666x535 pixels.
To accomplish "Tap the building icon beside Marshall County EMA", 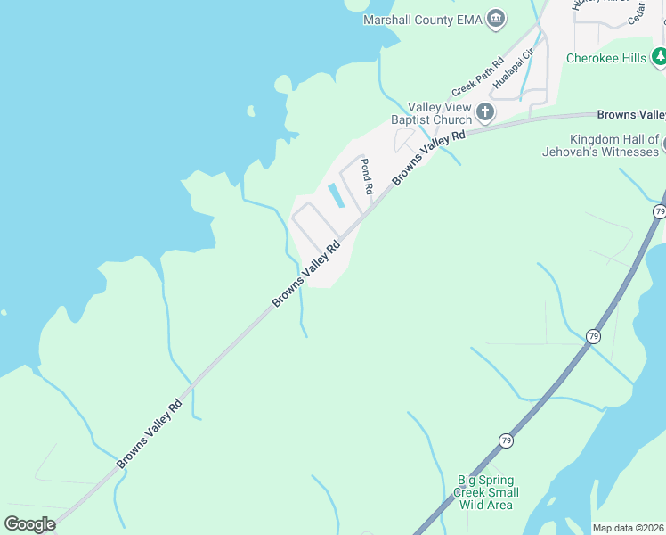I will (497, 19).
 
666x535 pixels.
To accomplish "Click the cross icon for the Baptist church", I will (485, 111).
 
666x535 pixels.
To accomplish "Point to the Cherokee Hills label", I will (606, 58).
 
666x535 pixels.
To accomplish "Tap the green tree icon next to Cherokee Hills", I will (659, 58).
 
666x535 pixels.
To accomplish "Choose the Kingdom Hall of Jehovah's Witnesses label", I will (602, 145).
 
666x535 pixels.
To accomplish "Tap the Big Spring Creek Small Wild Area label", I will (486, 492).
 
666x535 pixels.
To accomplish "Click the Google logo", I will (30, 523).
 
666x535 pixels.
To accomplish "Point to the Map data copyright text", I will (629, 528).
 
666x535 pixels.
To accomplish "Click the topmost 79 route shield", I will (659, 211).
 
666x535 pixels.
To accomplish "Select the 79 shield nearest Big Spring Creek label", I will (506, 440).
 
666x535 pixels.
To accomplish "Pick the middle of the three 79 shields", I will (594, 335).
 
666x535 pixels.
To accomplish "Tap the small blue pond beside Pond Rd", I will (336, 194).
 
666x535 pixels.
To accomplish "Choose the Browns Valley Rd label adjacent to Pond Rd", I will (429, 159).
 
